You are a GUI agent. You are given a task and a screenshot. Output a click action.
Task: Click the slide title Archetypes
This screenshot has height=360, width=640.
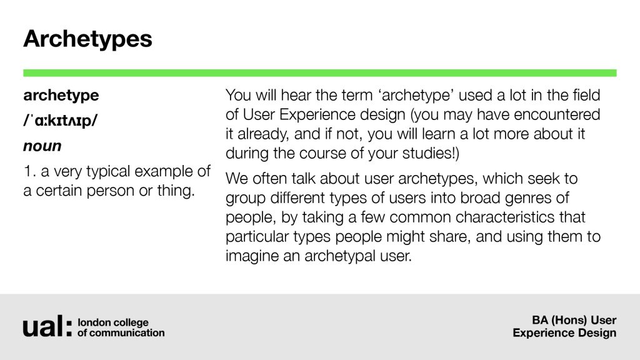point(87,39)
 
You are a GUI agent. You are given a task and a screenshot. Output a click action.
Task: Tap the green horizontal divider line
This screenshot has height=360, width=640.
point(320,73)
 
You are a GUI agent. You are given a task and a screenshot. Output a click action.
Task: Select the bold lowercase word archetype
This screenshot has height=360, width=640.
point(61,96)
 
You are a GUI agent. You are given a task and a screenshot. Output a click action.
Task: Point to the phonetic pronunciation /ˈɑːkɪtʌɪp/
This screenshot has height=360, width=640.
point(61,121)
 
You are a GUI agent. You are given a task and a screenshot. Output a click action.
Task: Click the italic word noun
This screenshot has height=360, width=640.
point(42,146)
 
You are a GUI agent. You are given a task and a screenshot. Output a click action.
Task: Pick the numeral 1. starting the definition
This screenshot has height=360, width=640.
point(30,171)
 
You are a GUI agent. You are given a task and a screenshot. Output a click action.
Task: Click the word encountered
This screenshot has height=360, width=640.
point(557,115)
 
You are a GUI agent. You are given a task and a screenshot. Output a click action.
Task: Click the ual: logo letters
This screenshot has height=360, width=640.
point(47,326)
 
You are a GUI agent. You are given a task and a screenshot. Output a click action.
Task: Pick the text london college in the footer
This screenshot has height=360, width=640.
point(113,322)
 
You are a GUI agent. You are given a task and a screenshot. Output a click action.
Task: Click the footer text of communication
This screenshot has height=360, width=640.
point(121,332)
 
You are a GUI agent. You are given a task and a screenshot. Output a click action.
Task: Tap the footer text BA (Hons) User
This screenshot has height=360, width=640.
point(574,321)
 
